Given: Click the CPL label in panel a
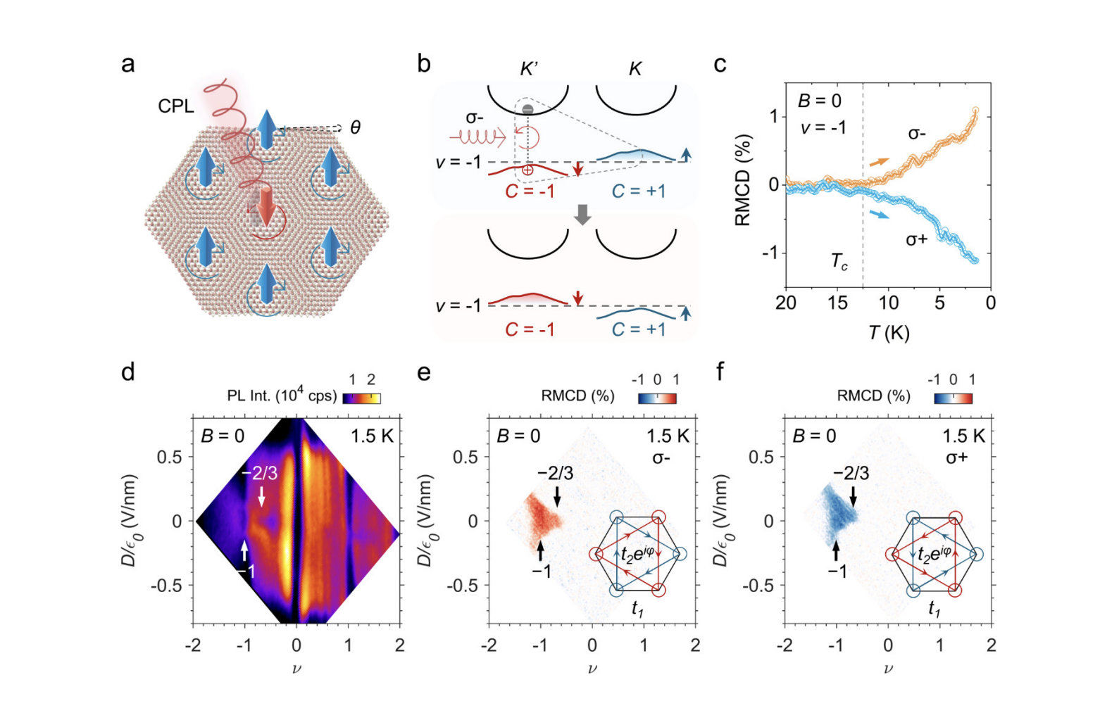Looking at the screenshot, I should coord(176,106).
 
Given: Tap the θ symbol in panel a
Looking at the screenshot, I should coord(356,127).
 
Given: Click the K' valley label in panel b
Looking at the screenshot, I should coord(528,69).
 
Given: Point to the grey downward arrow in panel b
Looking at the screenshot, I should coord(582,215).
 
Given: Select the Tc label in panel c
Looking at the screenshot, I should coord(839,262).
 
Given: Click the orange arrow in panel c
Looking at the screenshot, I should coord(880,162).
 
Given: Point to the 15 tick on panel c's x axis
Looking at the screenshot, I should coord(837,303).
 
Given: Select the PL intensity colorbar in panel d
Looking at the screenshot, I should coord(361,398).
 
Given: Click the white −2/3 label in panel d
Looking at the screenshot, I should coord(260,473).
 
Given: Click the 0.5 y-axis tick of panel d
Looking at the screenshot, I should coord(169,457).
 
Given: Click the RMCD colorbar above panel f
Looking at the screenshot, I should coord(953,398).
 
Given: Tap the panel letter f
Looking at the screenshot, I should coord(720,371).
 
